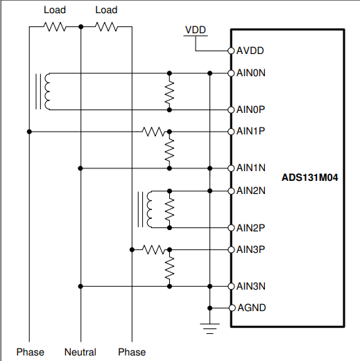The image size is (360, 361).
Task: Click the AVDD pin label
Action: coord(250,51)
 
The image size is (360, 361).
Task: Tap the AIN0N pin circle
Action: coord(231,73)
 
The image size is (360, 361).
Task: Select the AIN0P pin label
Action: coord(250,109)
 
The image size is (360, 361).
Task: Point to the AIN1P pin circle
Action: coord(231,132)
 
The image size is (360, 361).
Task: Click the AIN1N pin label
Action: coord(251,168)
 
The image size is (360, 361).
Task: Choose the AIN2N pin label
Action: coord(251,191)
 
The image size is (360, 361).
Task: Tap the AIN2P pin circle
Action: coord(231,228)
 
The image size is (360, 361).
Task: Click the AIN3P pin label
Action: coord(250,249)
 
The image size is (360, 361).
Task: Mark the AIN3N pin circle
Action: coord(231,286)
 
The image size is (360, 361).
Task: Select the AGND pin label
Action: coord(252,308)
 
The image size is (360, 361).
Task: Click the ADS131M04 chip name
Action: coord(309,177)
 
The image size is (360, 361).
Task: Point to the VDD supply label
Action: coord(196,30)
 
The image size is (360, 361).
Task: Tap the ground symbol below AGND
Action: coord(209,328)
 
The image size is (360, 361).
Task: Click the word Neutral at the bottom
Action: coord(80,352)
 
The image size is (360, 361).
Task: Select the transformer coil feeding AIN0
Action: coord(47,91)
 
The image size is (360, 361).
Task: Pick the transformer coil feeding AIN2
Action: coord(149,209)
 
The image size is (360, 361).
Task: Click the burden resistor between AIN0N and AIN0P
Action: coord(169,92)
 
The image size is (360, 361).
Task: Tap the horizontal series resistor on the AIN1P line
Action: coord(154,132)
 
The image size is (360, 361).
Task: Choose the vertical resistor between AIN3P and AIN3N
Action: coord(169,268)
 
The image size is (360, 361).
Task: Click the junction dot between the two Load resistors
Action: coord(80,27)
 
